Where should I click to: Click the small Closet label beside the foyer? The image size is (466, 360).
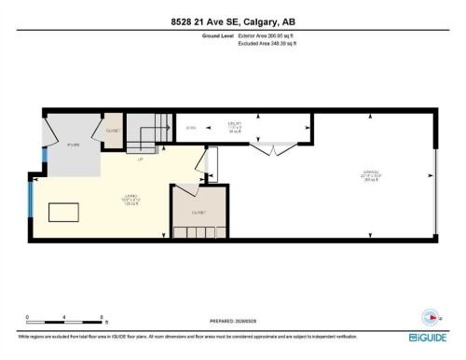(113, 130)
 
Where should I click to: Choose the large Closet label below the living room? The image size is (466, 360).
(199, 213)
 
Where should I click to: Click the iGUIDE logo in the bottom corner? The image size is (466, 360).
(427, 337)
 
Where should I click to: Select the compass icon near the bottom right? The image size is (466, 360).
(429, 315)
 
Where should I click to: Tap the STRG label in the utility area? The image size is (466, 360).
(191, 127)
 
